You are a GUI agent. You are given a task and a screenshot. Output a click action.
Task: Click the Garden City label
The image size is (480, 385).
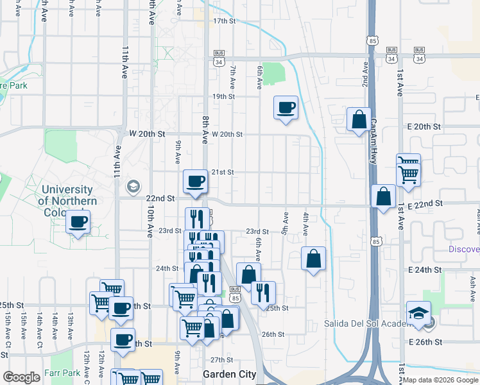[x=229, y=374]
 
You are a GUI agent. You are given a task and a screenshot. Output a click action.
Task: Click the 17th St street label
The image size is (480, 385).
[x=225, y=21]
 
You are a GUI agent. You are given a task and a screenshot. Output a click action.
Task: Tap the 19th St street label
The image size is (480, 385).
[x=225, y=96]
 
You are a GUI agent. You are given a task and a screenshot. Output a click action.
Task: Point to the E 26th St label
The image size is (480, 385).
[x=425, y=343]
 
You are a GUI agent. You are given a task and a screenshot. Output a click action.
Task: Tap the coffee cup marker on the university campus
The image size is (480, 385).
[x=78, y=223]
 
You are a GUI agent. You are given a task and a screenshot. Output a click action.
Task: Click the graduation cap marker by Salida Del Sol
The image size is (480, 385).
[x=418, y=313]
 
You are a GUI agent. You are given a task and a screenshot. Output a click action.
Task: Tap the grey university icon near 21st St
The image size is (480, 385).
[x=133, y=186]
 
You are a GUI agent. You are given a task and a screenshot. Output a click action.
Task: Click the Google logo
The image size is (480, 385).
[x=22, y=378]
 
